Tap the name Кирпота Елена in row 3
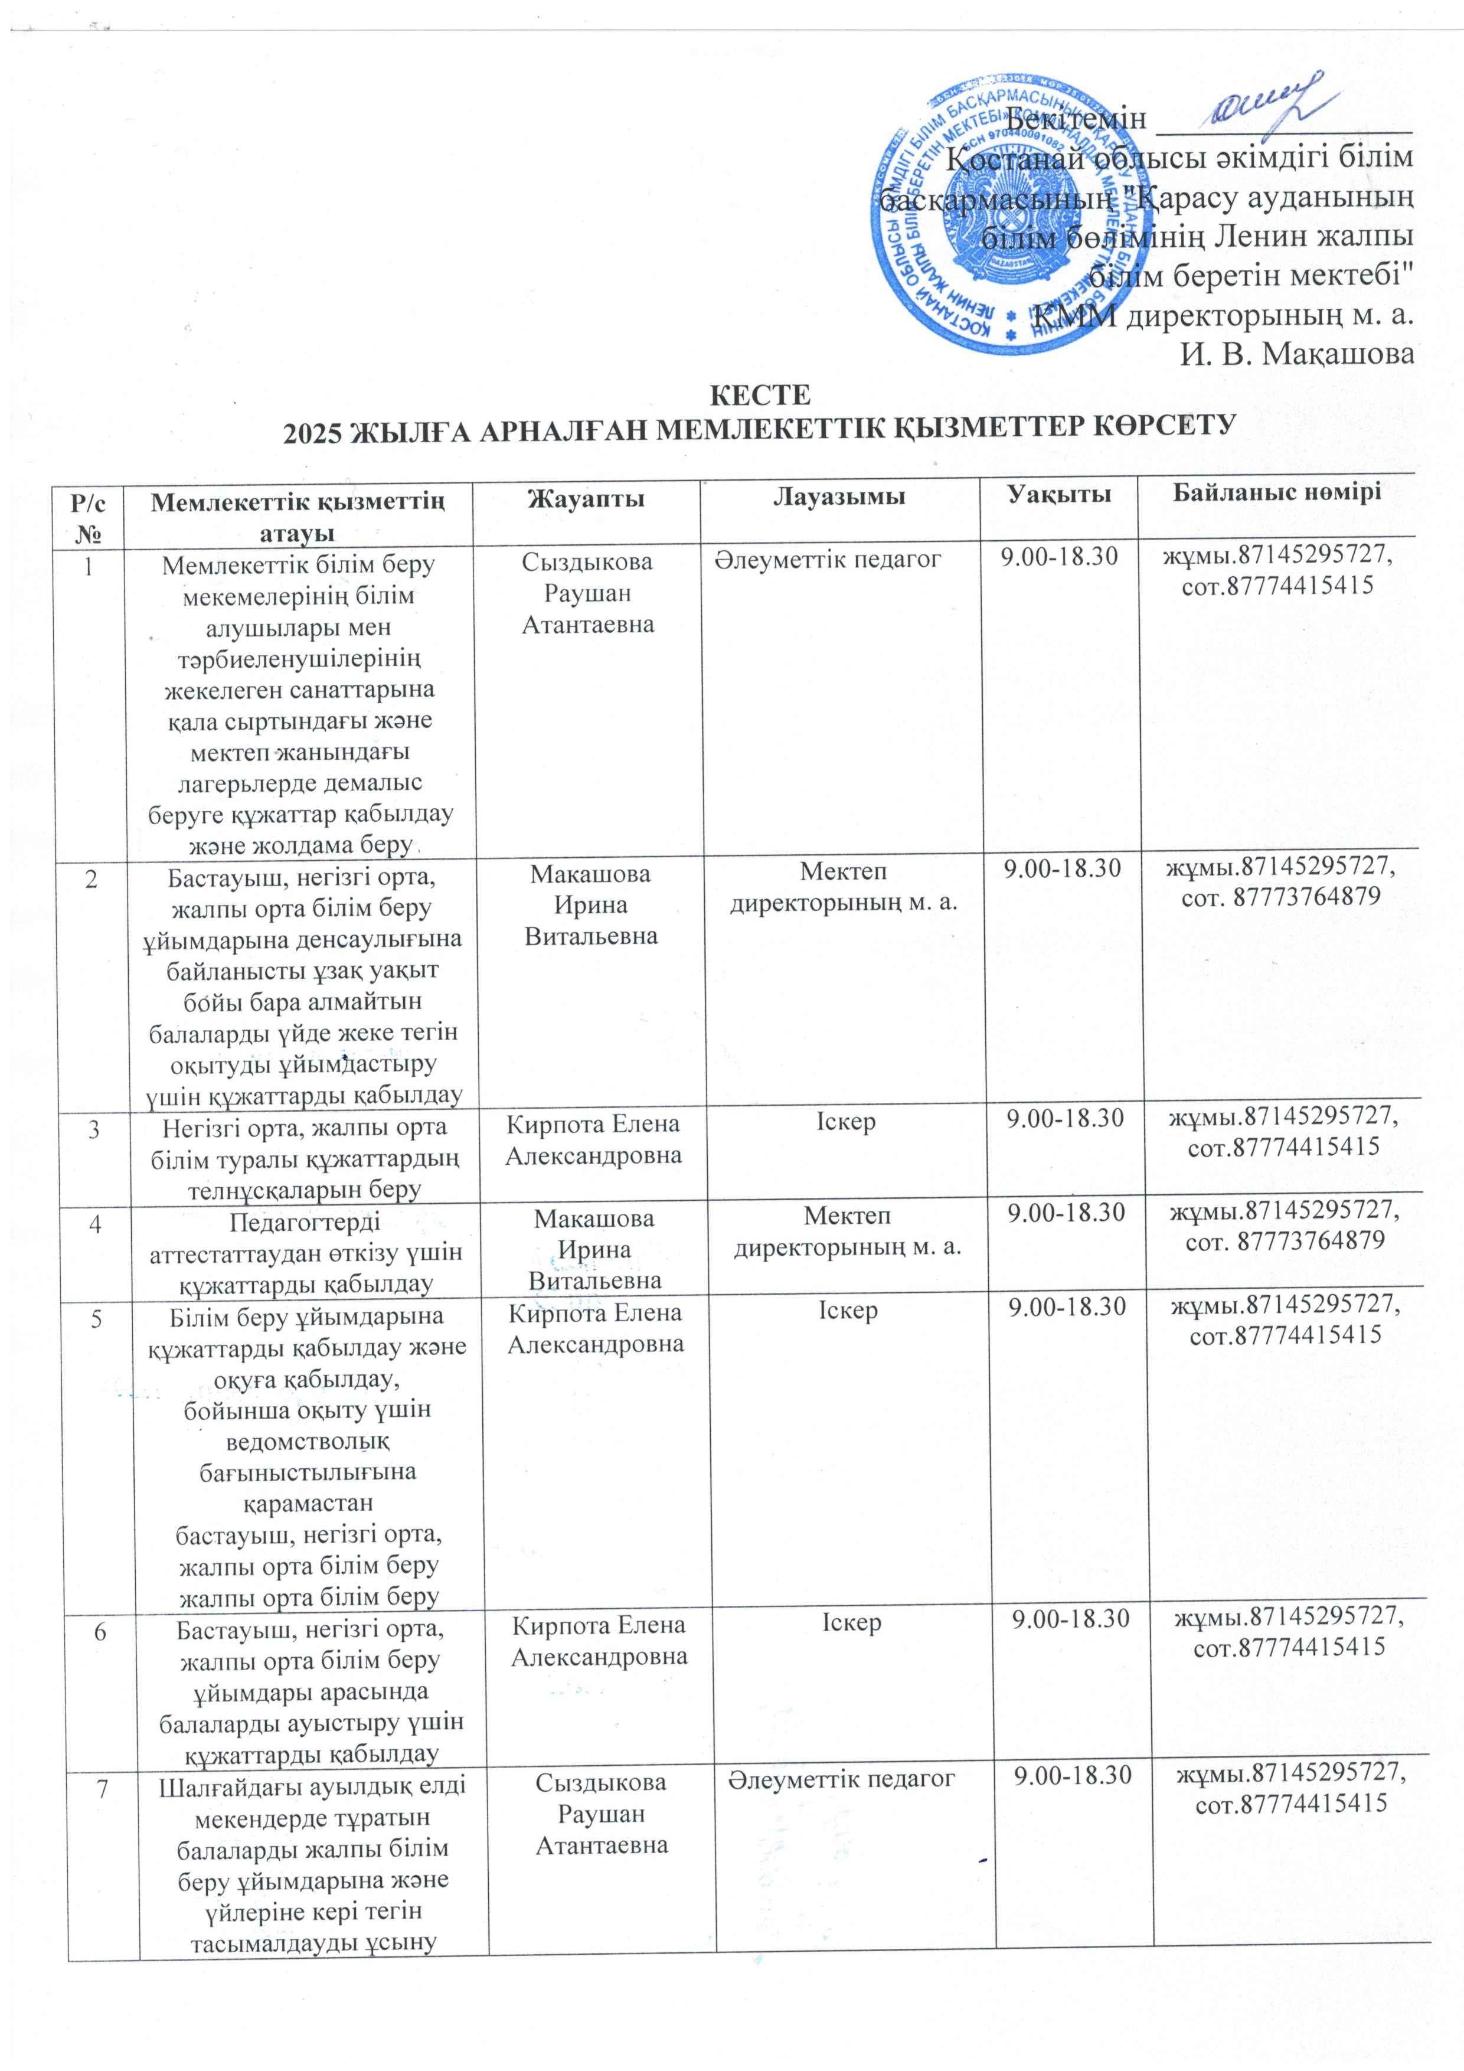click(x=593, y=1124)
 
